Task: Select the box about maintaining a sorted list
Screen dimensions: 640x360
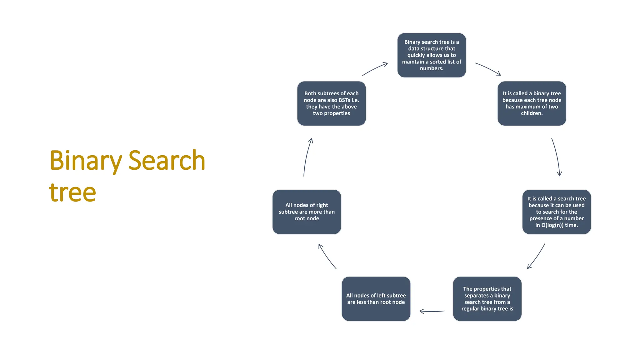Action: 431,55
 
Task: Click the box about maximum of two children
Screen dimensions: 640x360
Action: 532,103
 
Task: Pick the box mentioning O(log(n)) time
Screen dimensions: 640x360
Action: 556,212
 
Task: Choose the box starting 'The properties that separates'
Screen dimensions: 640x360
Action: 487,299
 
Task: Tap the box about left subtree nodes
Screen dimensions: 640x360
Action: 376,299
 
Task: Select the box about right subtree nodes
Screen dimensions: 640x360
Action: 307,212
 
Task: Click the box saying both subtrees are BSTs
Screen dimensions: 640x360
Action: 331,103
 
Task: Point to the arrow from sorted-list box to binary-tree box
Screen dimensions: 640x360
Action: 488,68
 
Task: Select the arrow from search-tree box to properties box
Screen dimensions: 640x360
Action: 536,257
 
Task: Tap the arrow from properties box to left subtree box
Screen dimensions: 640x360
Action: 432,311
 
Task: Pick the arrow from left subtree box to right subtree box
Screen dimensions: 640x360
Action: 327,256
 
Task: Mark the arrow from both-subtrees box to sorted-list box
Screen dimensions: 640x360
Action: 375,68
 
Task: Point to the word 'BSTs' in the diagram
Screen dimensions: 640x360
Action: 344,100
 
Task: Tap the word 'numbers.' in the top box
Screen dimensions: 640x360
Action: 431,68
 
